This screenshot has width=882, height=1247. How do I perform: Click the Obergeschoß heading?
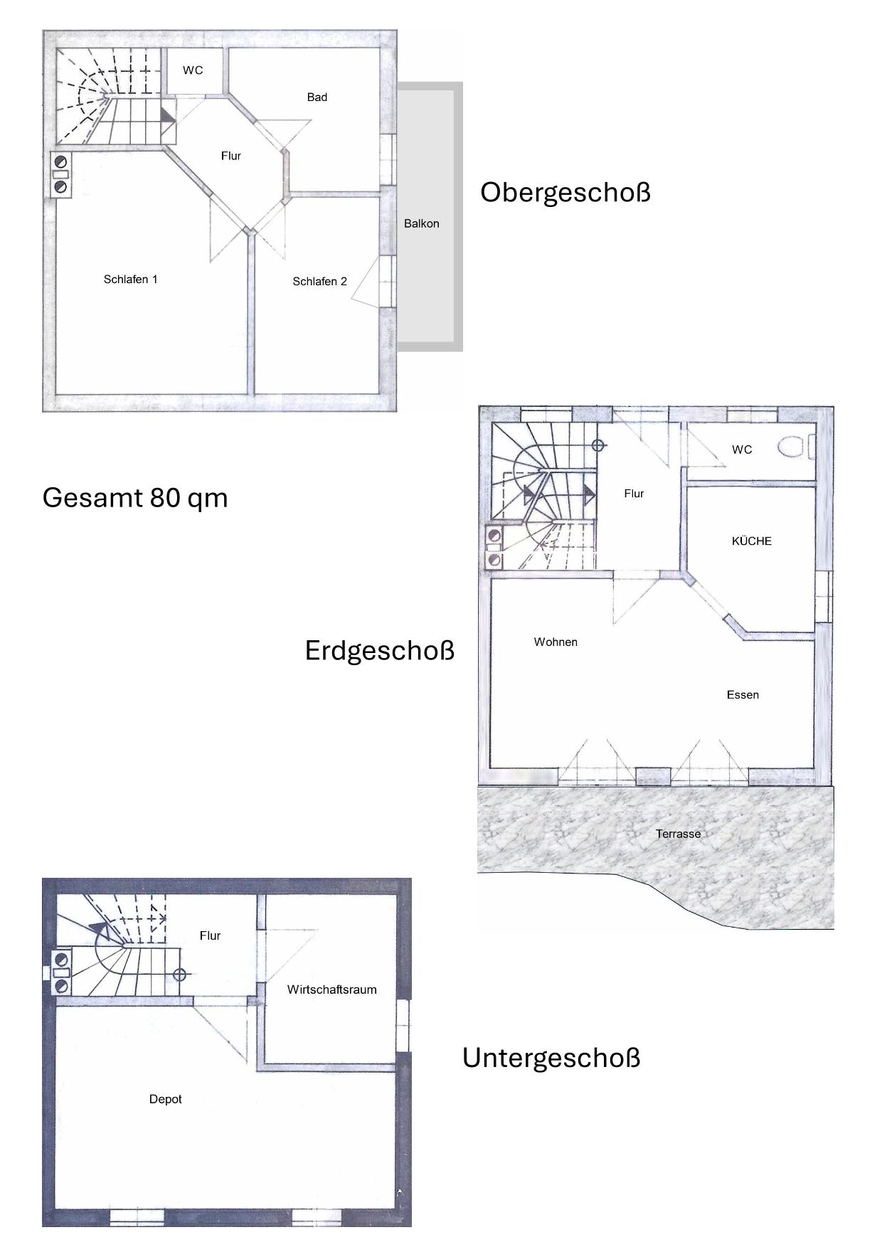click(x=565, y=193)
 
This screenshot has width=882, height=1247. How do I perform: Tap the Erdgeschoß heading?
click(x=380, y=651)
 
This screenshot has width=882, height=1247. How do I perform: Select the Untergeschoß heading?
click(x=551, y=1058)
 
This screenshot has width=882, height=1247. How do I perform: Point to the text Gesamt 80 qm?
click(x=135, y=497)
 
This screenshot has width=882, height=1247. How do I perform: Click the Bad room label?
click(x=317, y=97)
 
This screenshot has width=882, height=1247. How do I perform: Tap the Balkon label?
click(x=422, y=223)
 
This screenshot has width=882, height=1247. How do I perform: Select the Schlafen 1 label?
click(x=131, y=280)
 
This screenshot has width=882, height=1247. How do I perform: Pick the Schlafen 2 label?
click(x=320, y=282)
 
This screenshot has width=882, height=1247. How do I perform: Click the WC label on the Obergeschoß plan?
click(x=193, y=70)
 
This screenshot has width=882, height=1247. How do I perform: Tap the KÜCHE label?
click(x=752, y=541)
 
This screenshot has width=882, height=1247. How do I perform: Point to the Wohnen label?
click(x=556, y=642)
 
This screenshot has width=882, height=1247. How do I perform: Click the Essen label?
click(x=743, y=695)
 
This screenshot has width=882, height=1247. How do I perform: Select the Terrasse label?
click(x=678, y=834)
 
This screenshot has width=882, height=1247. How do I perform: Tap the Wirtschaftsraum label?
click(x=332, y=989)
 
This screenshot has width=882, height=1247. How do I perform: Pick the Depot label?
click(x=166, y=1099)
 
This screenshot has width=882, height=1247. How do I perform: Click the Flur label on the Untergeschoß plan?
click(x=210, y=936)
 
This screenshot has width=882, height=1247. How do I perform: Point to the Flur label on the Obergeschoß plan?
click(x=231, y=156)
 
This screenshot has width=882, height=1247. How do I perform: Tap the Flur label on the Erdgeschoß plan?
click(x=634, y=494)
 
